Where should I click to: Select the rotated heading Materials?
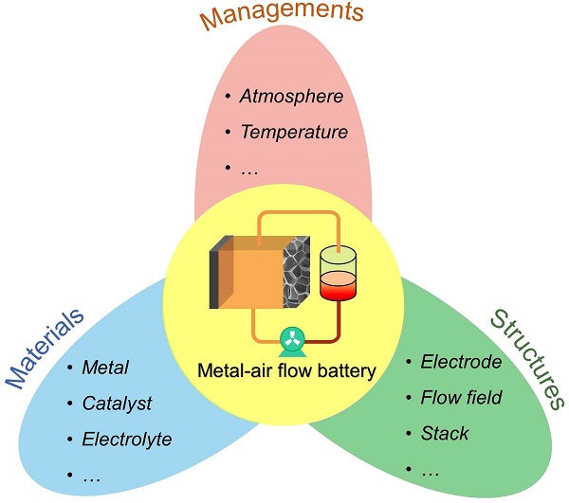click(46, 348)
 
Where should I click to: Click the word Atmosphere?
click(290, 96)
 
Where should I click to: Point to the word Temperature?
click(294, 132)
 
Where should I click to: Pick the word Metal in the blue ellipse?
click(105, 368)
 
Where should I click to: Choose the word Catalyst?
click(118, 404)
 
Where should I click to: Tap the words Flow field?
click(461, 397)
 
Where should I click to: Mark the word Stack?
click(445, 433)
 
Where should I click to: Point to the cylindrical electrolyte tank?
click(342, 274)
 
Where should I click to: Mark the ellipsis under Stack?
click(429, 469)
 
